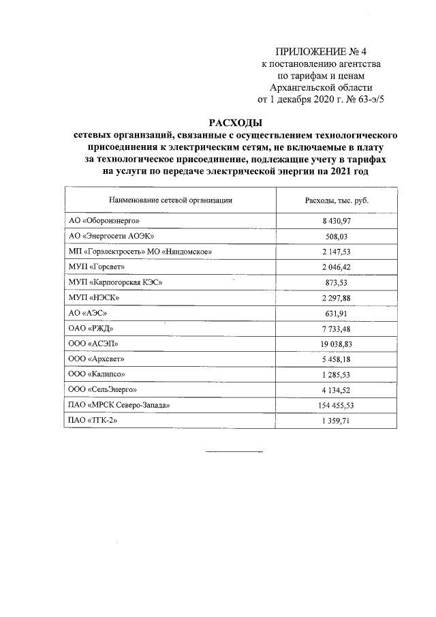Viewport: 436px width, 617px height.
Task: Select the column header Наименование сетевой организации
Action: [x=170, y=200]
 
